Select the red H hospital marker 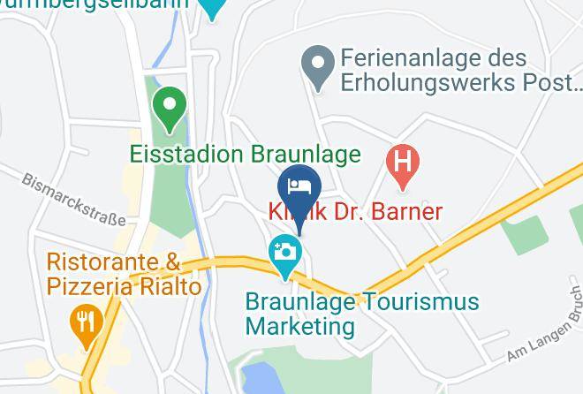point(403,164)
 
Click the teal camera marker point(284,252)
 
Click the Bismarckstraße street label point(75,198)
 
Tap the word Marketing point(299,326)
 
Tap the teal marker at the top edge point(211,9)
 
